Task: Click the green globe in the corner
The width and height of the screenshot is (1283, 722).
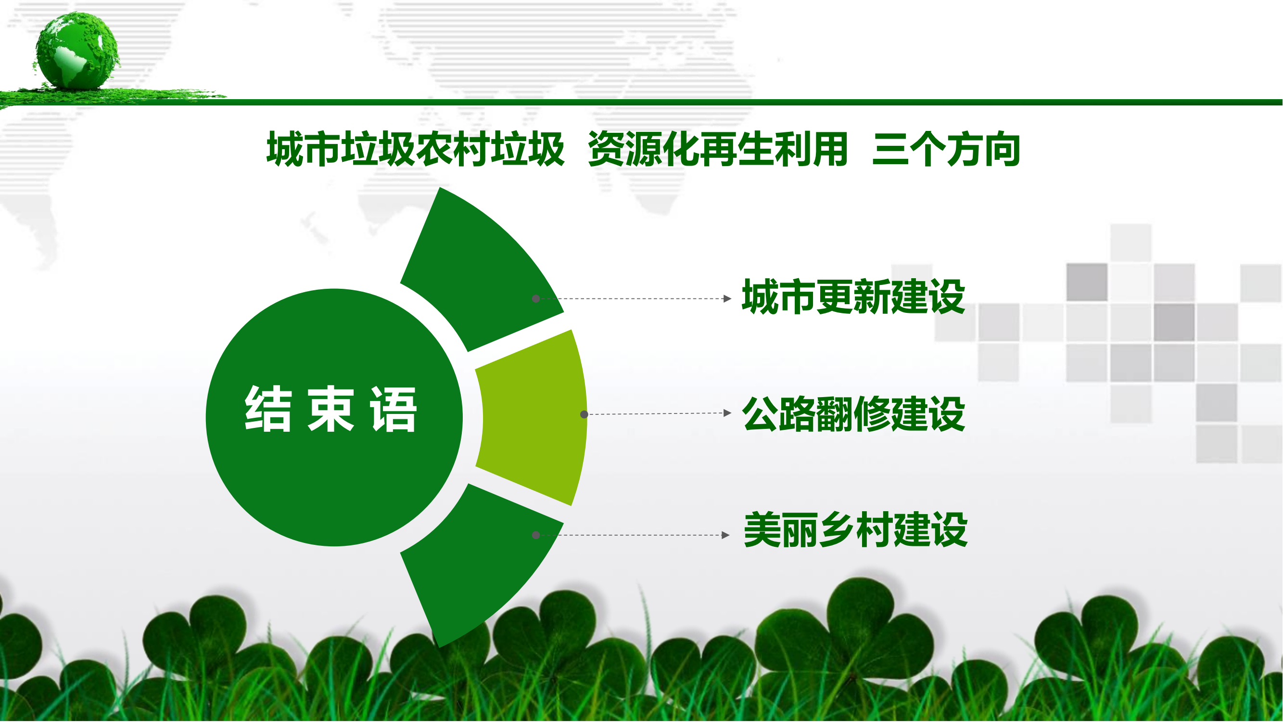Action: click(x=77, y=51)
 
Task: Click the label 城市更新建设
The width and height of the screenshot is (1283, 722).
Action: click(x=854, y=297)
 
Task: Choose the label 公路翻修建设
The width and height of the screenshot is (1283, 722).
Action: click(x=854, y=413)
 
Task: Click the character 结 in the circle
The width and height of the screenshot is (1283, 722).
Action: click(x=268, y=409)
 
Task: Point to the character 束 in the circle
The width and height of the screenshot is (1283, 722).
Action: click(x=330, y=409)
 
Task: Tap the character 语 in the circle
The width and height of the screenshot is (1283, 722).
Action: click(x=393, y=409)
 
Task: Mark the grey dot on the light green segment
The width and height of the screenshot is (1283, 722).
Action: click(x=584, y=414)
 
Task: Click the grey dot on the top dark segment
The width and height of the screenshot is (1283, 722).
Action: click(x=536, y=299)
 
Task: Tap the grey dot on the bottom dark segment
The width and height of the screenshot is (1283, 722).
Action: click(x=536, y=535)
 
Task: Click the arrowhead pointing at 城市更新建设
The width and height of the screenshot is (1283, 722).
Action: click(x=727, y=298)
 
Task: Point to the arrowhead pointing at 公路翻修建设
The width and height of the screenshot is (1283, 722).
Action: click(x=727, y=413)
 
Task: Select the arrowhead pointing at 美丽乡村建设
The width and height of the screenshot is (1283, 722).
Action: click(x=726, y=535)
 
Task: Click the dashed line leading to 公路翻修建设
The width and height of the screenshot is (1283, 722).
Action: click(x=656, y=413)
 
